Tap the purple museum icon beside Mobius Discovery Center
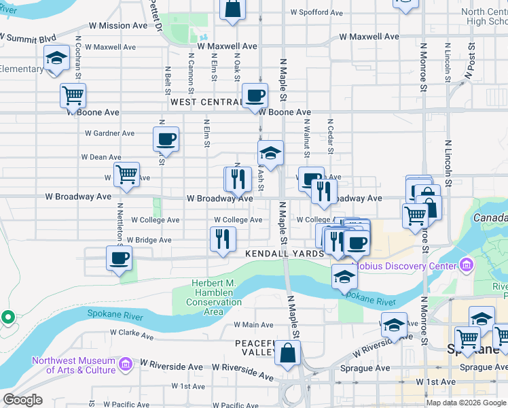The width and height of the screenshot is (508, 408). pyautogui.click(x=465, y=263)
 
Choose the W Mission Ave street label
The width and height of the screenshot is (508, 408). pyautogui.click(x=117, y=26)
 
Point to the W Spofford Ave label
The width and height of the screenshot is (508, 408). pyautogui.click(x=319, y=12)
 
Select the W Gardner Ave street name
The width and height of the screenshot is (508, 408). pyautogui.click(x=110, y=133)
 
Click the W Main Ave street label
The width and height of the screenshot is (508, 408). pyautogui.click(x=253, y=325)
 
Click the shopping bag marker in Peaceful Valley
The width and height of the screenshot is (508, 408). pyautogui.click(x=288, y=353)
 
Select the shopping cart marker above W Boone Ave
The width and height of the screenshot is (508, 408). pyautogui.click(x=73, y=95)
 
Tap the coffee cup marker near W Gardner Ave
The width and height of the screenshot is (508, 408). pyautogui.click(x=166, y=139)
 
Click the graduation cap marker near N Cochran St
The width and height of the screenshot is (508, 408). pyautogui.click(x=56, y=58)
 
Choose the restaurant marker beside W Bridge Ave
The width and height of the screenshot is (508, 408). pyautogui.click(x=222, y=239)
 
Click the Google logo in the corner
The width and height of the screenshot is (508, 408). pyautogui.click(x=22, y=400)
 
